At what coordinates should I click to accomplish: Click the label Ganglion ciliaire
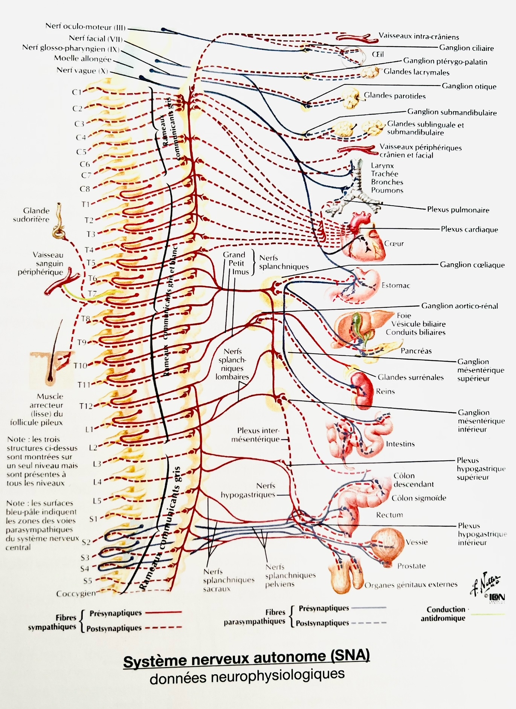tap(466, 48)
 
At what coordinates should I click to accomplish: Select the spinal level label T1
tap(85, 204)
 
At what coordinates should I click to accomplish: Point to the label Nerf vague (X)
tap(82, 70)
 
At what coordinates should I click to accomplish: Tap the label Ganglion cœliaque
tap(472, 265)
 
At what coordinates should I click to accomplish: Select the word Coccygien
tap(76, 593)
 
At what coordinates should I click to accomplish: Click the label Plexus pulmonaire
tap(458, 210)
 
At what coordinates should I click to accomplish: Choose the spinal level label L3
tap(97, 464)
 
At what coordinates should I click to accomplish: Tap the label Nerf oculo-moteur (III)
tap(85, 26)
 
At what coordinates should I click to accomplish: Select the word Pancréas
tap(416, 351)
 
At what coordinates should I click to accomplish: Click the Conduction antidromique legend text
tap(443, 613)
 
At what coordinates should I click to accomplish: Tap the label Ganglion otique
tap(469, 86)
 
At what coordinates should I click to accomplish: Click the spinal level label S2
tap(86, 542)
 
